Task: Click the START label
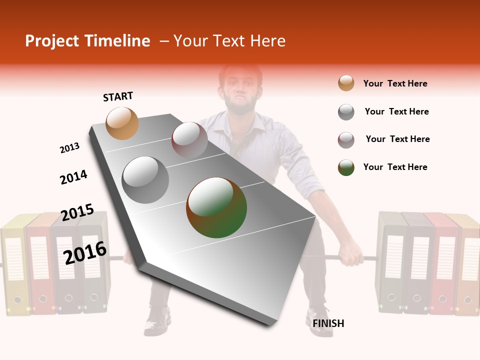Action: coord(118,96)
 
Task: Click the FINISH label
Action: coord(328,323)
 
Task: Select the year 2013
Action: coord(69,148)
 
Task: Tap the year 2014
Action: coord(73,177)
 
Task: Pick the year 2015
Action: coord(77,212)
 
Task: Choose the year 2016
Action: coord(85,252)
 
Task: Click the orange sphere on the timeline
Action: coord(122,123)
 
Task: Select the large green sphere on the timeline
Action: coord(216,207)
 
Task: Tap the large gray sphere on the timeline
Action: coord(145,179)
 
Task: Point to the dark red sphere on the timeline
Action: coord(189,139)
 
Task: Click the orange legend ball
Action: coord(346,83)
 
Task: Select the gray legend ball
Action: coord(346,112)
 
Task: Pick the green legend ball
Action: coord(346,167)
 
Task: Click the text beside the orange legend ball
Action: coord(395,83)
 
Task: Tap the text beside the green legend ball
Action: coord(395,167)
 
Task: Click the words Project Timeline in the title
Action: coord(87,41)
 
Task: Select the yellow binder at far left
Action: coord(13,265)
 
